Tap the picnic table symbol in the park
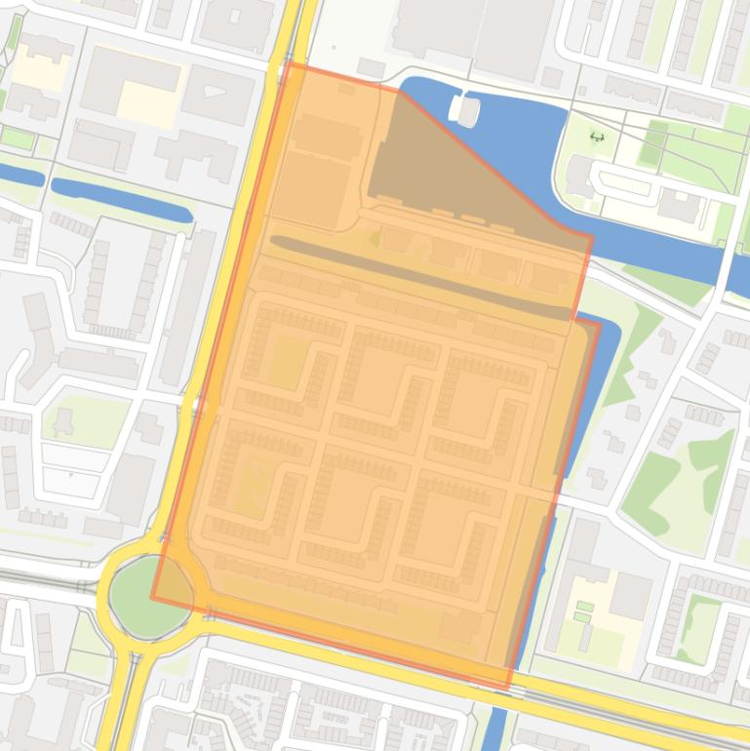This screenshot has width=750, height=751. [597, 137]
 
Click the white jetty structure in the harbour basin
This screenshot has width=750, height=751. [466, 110]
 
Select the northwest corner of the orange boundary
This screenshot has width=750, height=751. [289, 64]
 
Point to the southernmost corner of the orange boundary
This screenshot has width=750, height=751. [507, 689]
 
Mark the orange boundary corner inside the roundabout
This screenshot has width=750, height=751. [152, 598]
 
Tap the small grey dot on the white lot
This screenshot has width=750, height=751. [336, 45]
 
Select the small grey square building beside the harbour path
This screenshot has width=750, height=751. [552, 77]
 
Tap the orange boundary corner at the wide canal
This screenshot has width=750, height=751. [591, 235]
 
